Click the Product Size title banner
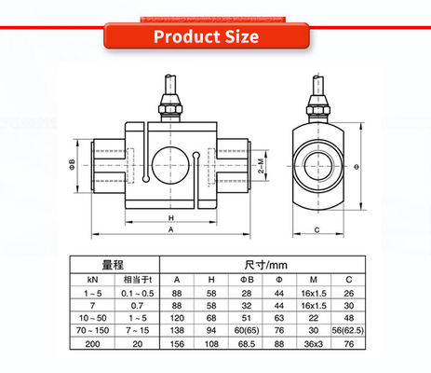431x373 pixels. pos(207,36)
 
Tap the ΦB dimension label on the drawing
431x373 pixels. pos(72,164)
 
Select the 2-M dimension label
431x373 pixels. pos(262,165)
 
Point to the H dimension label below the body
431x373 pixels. pos(171,218)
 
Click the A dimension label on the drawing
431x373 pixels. pos(171,229)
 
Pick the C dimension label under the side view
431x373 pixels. pos(317,230)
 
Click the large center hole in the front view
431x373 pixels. pos(170,164)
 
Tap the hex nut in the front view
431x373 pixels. pos(170,109)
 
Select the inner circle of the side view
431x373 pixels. pos(318,166)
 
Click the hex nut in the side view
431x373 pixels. pos(318,110)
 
